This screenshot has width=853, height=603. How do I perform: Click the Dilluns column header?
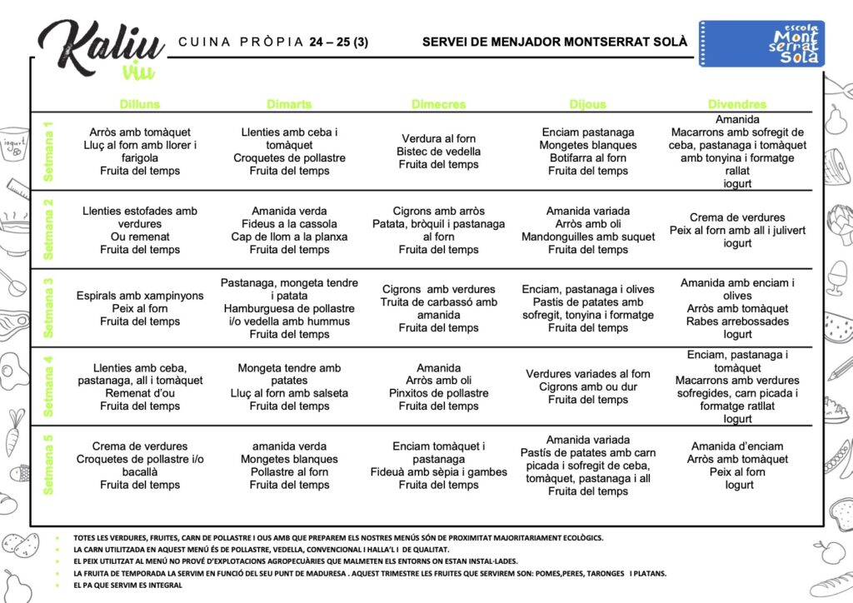coord(140,104)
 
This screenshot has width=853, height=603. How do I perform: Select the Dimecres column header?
coord(439,104)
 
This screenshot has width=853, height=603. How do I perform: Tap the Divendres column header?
coord(737,104)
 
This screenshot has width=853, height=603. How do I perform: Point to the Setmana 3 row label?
coord(48,306)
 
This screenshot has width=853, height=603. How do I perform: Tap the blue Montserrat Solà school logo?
coord(761,44)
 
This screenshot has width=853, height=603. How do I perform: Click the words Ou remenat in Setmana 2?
coord(140,237)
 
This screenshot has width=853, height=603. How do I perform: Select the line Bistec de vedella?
coord(439,152)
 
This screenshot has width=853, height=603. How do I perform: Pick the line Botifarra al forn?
coord(588,157)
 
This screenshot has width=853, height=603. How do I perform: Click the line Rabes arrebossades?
coord(737,321)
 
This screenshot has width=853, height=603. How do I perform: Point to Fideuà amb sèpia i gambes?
coord(439,472)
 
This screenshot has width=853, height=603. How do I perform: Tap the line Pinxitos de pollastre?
coord(439,393)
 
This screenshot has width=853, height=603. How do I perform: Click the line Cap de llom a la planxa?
coord(289,237)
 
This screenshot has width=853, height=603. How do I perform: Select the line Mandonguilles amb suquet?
coord(588,237)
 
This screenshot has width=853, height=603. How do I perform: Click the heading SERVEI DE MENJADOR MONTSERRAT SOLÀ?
coord(555,42)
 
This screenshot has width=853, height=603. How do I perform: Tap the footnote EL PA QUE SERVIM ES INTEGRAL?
coord(127,586)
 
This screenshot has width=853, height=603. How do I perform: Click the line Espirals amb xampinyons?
coord(140,296)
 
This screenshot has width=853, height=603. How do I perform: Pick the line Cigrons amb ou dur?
coord(588,386)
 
